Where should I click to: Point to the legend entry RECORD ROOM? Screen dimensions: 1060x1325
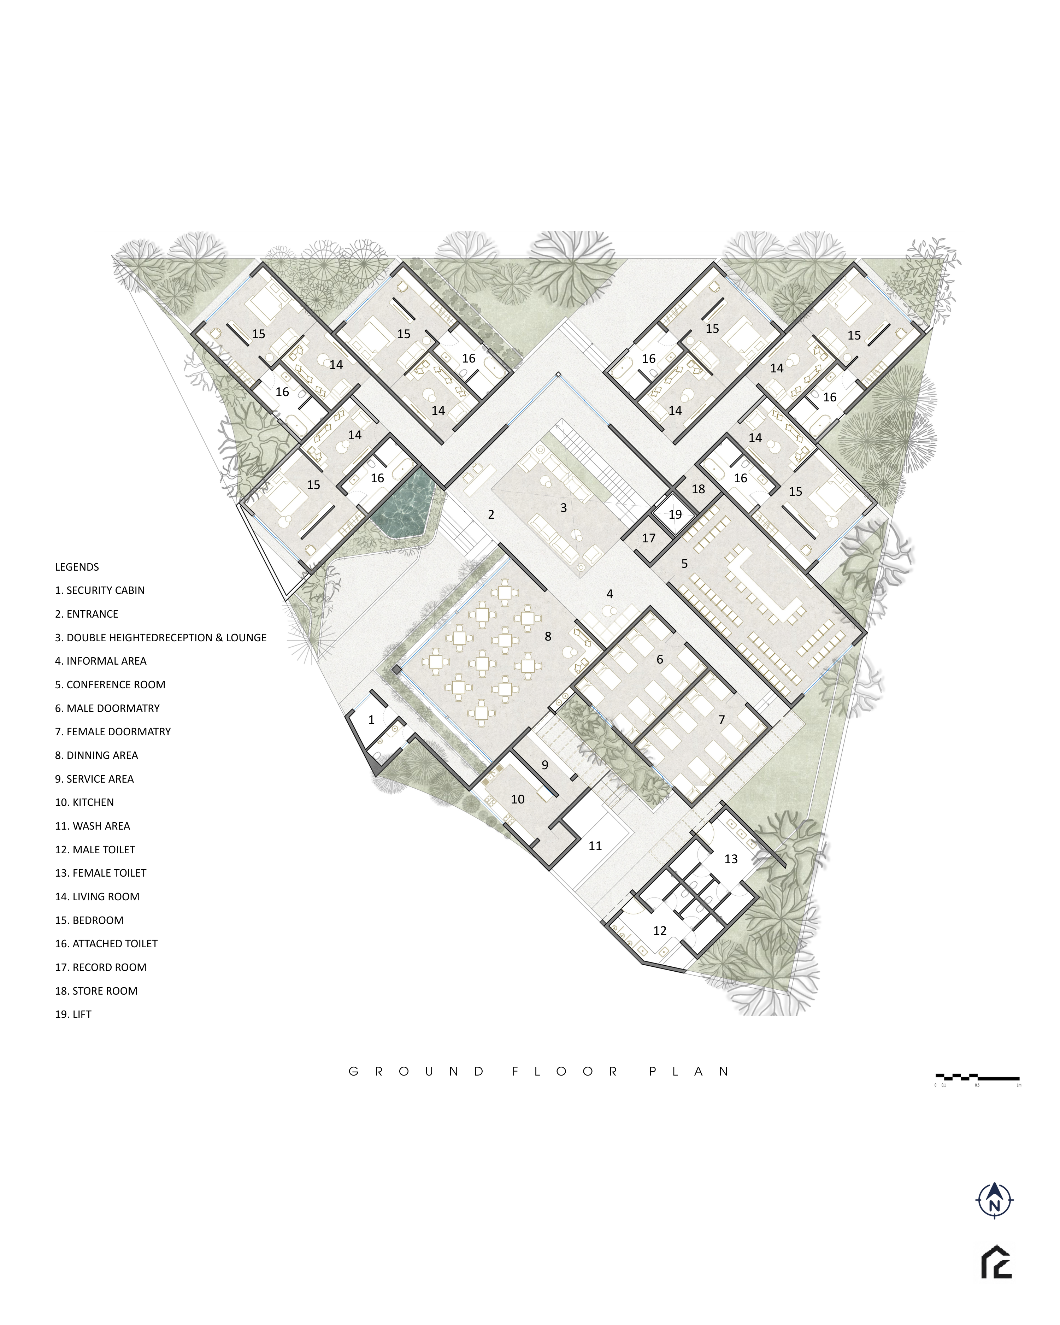tap(101, 967)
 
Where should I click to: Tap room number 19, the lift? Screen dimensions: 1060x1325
tap(675, 514)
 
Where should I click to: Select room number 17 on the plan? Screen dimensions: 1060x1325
tap(649, 538)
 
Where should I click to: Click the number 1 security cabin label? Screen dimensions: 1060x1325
tap(371, 720)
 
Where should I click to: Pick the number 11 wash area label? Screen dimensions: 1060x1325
tap(595, 846)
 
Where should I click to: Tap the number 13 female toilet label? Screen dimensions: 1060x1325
tap(731, 859)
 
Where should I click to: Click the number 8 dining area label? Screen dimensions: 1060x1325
tap(548, 637)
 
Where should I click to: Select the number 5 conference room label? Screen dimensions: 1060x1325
tap(684, 564)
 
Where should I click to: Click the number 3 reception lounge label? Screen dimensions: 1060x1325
tap(564, 508)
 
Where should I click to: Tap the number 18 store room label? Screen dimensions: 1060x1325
tap(699, 489)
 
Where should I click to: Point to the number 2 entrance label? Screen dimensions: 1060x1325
tap(491, 514)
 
